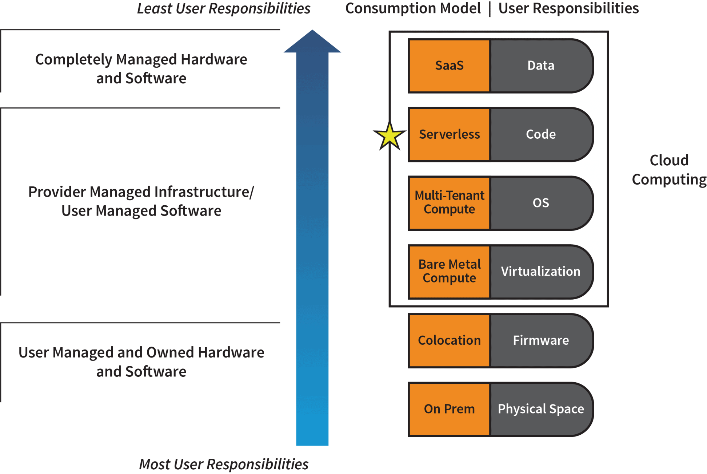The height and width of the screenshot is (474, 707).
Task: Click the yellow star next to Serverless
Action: point(390,137)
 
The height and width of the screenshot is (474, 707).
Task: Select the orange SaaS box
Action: point(449,66)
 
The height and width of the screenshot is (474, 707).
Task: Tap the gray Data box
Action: point(541,66)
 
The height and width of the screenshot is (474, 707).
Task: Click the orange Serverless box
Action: point(449,134)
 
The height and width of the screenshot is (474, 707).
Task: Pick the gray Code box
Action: point(541,134)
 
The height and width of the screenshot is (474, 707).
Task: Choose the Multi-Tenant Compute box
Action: point(449,203)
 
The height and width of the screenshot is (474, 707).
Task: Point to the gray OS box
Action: point(541,203)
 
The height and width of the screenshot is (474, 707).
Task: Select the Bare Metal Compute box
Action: point(449,272)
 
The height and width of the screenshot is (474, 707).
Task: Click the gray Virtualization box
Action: point(541,272)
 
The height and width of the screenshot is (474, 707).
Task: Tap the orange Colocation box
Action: point(449,340)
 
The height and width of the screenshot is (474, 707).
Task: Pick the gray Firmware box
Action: point(541,340)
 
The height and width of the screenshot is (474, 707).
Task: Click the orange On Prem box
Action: point(449,409)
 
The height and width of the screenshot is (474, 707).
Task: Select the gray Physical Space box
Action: point(541,409)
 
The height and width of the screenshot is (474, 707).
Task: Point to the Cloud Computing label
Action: point(669,170)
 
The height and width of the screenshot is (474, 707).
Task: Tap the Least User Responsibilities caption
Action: point(224,9)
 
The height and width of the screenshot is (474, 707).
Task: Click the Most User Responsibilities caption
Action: point(224,465)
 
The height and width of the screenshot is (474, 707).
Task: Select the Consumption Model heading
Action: point(413,8)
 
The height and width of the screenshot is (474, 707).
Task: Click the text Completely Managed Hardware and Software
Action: point(141,69)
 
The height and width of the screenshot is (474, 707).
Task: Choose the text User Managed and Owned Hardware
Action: point(141,352)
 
